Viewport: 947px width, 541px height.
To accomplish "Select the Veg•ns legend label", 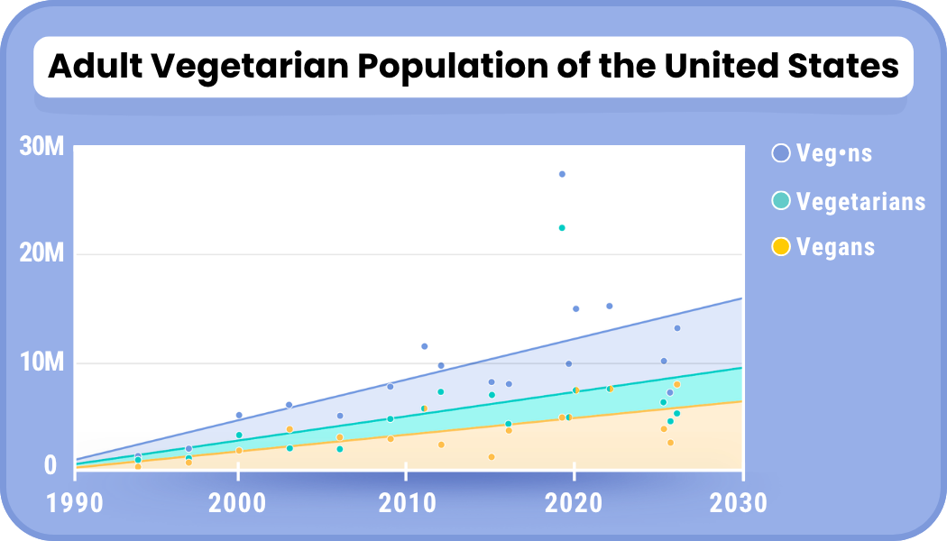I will pyautogui.click(x=834, y=153).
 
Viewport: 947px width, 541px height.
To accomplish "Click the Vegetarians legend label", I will pyautogui.click(x=860, y=201).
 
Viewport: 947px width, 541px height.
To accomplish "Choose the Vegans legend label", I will pyautogui.click(x=835, y=246).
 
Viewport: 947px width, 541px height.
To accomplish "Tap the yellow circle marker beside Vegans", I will pyautogui.click(x=781, y=246).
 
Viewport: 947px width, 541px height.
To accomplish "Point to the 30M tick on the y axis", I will pyautogui.click(x=41, y=147).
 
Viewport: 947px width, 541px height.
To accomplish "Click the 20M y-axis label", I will pyautogui.click(x=41, y=254).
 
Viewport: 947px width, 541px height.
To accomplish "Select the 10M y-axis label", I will pyautogui.click(x=41, y=362).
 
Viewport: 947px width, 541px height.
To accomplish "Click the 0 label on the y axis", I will pyautogui.click(x=51, y=465).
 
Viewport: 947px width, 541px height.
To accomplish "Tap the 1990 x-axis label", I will pyautogui.click(x=74, y=502).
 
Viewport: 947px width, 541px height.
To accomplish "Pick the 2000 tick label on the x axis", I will pyautogui.click(x=238, y=502).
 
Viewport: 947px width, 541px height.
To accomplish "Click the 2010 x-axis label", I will pyautogui.click(x=407, y=502).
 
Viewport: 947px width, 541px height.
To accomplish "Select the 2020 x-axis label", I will pyautogui.click(x=575, y=502).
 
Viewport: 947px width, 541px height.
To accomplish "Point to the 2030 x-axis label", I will pyautogui.click(x=740, y=502).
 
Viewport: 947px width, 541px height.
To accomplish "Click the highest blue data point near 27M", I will pyautogui.click(x=562, y=174).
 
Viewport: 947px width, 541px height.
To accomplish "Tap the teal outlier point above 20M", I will pyautogui.click(x=562, y=228).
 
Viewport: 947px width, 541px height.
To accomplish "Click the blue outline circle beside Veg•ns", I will pyautogui.click(x=781, y=153).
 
